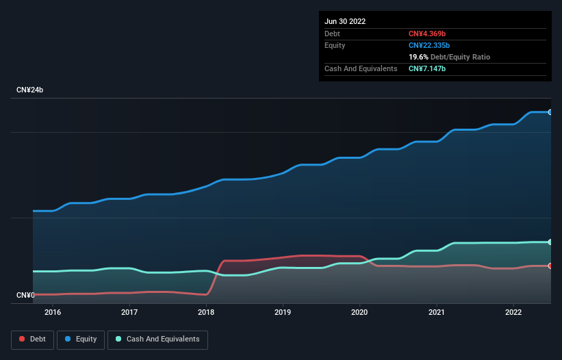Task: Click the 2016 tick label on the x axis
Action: [x=52, y=312]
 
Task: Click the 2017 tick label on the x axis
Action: [x=129, y=312]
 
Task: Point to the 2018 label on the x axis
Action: [x=206, y=312]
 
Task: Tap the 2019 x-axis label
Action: [x=283, y=312]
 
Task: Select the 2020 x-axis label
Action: [x=359, y=312]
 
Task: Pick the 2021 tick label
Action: [x=436, y=312]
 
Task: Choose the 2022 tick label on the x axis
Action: [x=513, y=312]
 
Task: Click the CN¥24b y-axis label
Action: [x=31, y=90]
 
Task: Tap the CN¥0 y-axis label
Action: [x=26, y=295]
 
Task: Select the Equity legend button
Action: [x=81, y=339]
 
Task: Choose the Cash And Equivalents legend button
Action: [x=157, y=339]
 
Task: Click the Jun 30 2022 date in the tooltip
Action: [x=345, y=21]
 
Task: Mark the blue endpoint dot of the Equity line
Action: [x=550, y=112]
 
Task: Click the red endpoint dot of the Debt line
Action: [x=550, y=266]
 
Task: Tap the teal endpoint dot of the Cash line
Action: [x=550, y=242]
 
